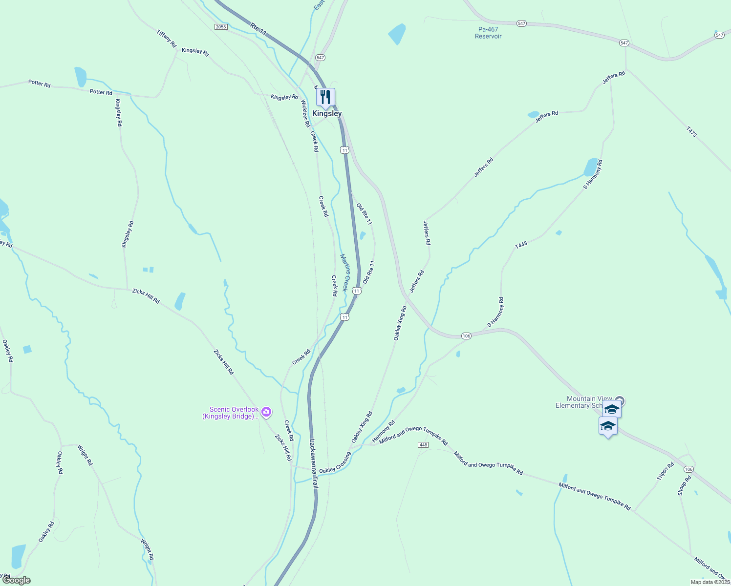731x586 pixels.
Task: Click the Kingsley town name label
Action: pyautogui.click(x=327, y=113)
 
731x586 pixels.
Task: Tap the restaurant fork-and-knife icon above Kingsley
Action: pyautogui.click(x=325, y=98)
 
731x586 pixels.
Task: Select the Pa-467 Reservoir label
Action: pyautogui.click(x=488, y=33)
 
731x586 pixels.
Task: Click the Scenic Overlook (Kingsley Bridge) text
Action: pyautogui.click(x=231, y=413)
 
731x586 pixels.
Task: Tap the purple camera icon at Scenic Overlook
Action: pyautogui.click(x=266, y=412)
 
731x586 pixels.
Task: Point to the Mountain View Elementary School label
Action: pyautogui.click(x=584, y=402)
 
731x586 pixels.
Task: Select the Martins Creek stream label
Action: pyautogui.click(x=345, y=272)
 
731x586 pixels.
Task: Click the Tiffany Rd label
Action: pyautogui.click(x=167, y=39)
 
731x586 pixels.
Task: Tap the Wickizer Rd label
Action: pyautogui.click(x=305, y=113)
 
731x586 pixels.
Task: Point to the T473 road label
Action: pyautogui.click(x=691, y=131)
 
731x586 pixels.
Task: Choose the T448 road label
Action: pyautogui.click(x=521, y=245)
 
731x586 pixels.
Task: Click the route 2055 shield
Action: pyautogui.click(x=221, y=27)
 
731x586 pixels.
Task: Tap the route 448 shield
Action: pyautogui.click(x=423, y=445)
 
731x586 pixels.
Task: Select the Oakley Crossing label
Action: pyautogui.click(x=335, y=462)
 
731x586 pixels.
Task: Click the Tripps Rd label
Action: pyautogui.click(x=666, y=471)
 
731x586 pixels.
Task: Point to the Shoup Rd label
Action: pyautogui.click(x=684, y=485)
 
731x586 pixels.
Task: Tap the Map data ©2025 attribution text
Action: pyautogui.click(x=710, y=582)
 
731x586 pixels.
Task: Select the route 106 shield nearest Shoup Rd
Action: pyautogui.click(x=688, y=469)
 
